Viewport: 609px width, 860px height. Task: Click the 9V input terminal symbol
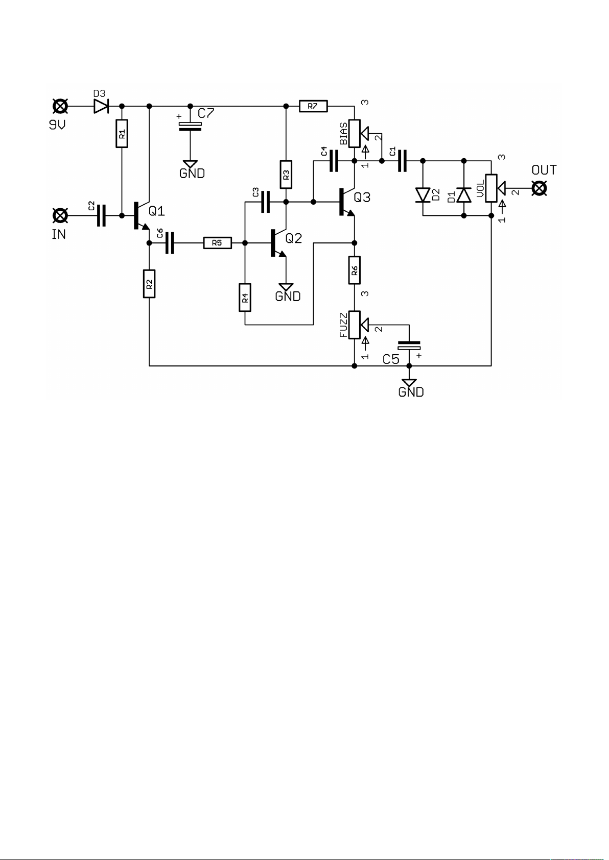[x=60, y=106]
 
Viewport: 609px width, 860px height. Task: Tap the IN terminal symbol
[x=60, y=216]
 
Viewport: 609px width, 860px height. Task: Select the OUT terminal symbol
[x=539, y=188]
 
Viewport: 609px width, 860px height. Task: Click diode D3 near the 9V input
[x=101, y=106]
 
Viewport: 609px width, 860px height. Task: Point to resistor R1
[x=122, y=134]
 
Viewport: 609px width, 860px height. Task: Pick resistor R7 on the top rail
[x=314, y=106]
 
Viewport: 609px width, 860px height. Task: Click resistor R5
[x=218, y=243]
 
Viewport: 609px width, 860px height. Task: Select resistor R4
[x=245, y=298]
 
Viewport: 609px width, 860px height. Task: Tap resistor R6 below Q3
[x=354, y=271]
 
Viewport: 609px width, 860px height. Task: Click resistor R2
[x=149, y=284]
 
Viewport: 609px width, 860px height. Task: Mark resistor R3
[x=286, y=175]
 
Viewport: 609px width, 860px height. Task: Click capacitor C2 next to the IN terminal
[x=101, y=216]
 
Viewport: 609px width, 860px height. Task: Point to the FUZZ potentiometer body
[x=354, y=325]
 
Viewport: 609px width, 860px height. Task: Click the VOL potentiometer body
[x=491, y=188]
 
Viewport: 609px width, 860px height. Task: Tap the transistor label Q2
[x=294, y=238]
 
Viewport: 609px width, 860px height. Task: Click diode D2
[x=423, y=195]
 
